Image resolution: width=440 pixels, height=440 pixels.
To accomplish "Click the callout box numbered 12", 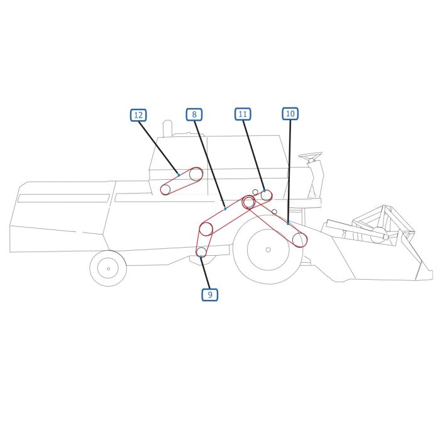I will tap(138, 115).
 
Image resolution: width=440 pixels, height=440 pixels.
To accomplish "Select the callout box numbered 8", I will tap(194, 114).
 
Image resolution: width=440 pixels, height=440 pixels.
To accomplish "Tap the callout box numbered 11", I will tap(243, 114).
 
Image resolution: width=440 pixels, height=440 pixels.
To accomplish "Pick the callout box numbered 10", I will tap(290, 114).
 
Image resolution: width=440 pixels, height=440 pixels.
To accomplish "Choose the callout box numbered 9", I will tap(210, 294).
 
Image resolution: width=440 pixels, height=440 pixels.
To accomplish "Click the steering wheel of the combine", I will tap(310, 155).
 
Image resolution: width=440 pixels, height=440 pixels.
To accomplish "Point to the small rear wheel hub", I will tap(108, 268).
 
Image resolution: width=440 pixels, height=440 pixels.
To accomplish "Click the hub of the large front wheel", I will tap(268, 250).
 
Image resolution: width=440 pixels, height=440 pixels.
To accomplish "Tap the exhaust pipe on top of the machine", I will tap(167, 128).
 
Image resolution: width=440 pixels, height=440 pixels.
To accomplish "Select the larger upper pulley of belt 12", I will tap(196, 174).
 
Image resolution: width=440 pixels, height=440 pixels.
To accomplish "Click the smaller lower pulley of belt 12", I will tap(165, 190).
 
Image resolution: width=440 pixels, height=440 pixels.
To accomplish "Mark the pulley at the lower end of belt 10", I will tap(299, 239).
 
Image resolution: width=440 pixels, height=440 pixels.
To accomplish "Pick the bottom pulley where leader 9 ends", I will tap(201, 252).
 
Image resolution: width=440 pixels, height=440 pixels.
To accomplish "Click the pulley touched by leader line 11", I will tap(267, 195).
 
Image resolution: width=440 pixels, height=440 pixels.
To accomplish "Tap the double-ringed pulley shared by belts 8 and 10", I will tap(248, 202).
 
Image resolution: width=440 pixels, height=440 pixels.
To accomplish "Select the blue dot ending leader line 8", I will tap(224, 209).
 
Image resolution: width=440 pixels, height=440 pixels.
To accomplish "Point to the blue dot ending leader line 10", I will tap(288, 223).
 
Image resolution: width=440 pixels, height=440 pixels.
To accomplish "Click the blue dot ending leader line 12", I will tap(179, 175).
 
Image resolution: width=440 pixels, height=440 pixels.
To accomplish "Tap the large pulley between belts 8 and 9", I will tap(206, 229).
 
